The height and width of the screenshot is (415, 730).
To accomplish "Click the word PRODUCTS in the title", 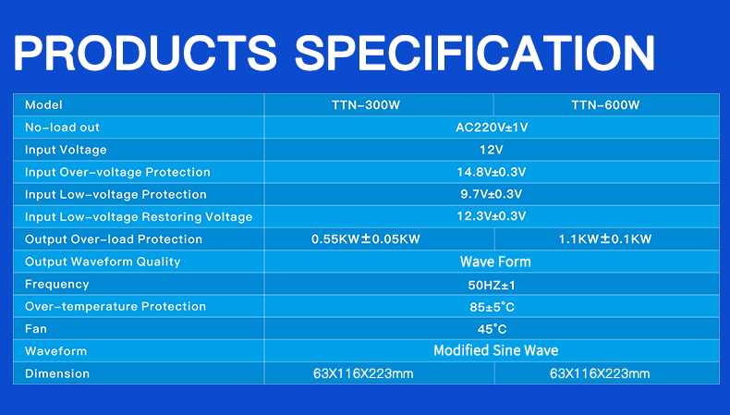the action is point(145,52).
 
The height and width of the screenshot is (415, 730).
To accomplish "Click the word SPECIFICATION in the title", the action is point(475,52).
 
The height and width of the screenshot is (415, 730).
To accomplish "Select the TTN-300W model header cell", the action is point(366,104).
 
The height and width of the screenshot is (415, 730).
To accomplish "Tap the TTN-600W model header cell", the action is point(605,104).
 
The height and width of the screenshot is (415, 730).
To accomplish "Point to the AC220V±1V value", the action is point(492,128).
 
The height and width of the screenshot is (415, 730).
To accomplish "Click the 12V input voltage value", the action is point(492,150).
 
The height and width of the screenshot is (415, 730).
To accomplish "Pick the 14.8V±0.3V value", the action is point(492,172).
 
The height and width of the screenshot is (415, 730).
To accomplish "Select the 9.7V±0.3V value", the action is point(492,194).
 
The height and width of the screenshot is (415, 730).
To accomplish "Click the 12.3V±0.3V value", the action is point(492,216).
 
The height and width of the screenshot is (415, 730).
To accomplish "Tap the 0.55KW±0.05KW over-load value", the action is point(366,239).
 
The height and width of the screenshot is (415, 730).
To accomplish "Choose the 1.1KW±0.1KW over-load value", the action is point(605,239).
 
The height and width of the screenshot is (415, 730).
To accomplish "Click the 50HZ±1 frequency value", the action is point(492,285).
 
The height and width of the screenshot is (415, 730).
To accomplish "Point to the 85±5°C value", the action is point(492,307).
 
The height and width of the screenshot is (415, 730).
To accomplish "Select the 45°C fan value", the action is point(492,329).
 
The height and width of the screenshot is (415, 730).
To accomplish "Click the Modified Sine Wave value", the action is point(496,350).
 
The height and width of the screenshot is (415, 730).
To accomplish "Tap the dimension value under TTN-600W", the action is point(600,373).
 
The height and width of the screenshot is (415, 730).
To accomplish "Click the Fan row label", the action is point(36,329).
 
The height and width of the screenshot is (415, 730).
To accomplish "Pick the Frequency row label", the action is point(56,285).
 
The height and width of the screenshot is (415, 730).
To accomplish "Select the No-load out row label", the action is point(62,128).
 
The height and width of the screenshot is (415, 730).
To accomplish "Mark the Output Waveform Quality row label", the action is point(103,262).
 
